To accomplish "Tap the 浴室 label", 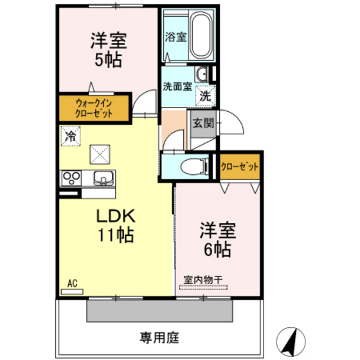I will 175,36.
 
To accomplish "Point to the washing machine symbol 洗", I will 204,96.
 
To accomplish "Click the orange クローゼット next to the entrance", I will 240,166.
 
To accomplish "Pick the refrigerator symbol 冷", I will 71,136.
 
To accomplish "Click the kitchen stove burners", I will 71,177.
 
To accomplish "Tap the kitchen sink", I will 103,177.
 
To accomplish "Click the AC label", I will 73,282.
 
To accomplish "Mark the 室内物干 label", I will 203,279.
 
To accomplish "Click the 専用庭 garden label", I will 159,336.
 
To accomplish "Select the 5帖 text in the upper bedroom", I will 108,60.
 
